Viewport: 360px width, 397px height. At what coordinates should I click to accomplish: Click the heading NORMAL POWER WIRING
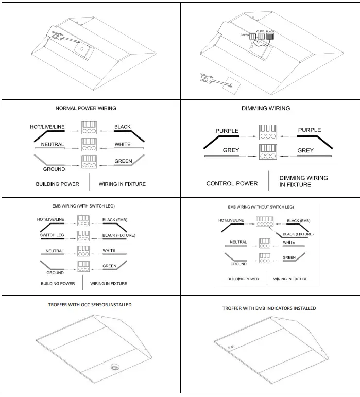[x=85, y=108]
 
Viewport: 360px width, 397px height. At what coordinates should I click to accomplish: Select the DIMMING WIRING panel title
[x=265, y=108]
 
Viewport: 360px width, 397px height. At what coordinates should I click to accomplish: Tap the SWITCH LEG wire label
[x=52, y=235]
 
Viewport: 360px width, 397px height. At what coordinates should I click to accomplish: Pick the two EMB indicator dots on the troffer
[x=230, y=348]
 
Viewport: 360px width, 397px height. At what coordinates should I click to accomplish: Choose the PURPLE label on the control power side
[x=227, y=131]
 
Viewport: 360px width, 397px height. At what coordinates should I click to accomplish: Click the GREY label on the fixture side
[x=305, y=151]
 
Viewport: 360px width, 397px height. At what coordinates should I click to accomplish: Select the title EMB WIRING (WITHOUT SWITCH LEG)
[x=261, y=207]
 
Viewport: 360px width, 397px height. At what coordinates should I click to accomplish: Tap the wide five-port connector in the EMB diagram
[x=264, y=222]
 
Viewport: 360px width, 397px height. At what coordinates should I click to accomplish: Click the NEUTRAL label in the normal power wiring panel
[x=52, y=145]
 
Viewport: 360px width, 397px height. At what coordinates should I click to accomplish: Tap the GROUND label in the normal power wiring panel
[x=54, y=169]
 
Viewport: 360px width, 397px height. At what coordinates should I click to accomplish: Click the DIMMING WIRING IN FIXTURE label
[x=303, y=181]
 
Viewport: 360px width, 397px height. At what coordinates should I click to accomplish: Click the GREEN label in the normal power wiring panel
[x=123, y=161]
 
